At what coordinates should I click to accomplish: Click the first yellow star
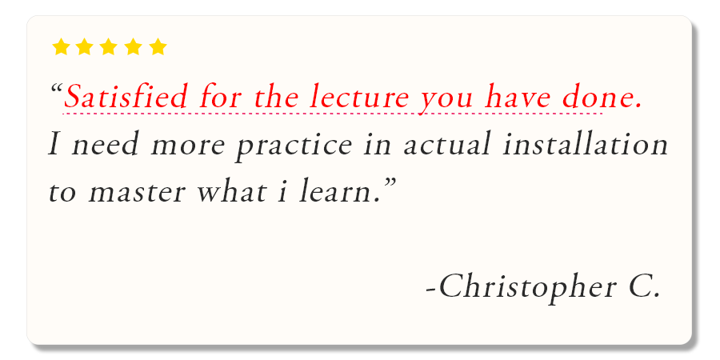pyautogui.click(x=61, y=47)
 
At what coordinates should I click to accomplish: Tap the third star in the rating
pyautogui.click(x=108, y=47)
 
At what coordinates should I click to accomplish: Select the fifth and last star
pyautogui.click(x=158, y=47)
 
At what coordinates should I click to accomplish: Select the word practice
pyautogui.click(x=294, y=145)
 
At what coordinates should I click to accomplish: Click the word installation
pyautogui.click(x=586, y=144)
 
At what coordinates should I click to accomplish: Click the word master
pyautogui.click(x=137, y=193)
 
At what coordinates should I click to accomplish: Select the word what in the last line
pyautogui.click(x=231, y=192)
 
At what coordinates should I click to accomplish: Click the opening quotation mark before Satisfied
pyautogui.click(x=57, y=88)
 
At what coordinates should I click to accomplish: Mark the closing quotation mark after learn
pyautogui.click(x=390, y=182)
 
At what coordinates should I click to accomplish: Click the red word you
pyautogui.click(x=447, y=101)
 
